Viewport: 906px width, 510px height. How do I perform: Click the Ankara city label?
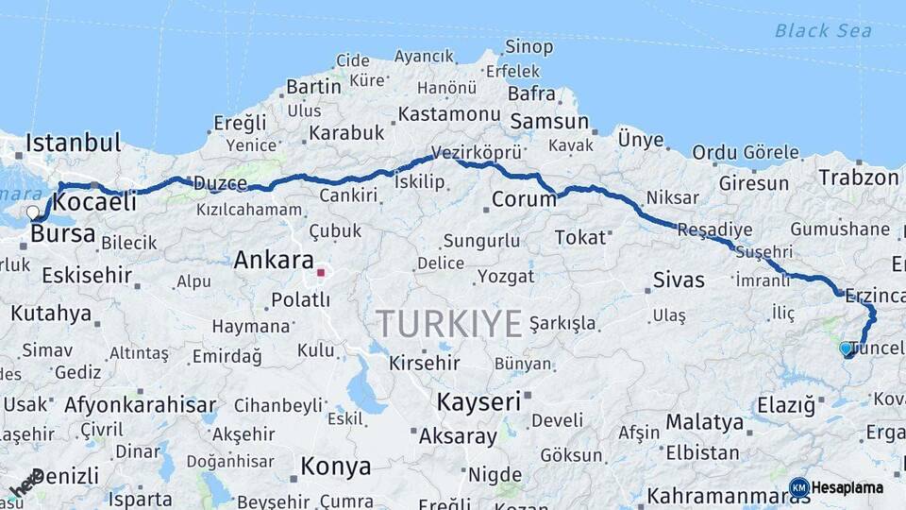(x=274, y=259)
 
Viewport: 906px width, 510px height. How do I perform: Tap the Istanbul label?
(x=74, y=144)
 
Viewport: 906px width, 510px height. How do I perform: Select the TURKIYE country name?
(x=449, y=324)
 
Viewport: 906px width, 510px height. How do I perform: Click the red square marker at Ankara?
(x=321, y=273)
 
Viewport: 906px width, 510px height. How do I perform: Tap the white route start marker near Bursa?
(x=33, y=212)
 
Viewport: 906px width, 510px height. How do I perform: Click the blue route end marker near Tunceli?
(x=846, y=348)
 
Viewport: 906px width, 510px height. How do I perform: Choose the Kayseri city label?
(x=478, y=401)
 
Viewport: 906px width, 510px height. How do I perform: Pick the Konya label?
(x=335, y=466)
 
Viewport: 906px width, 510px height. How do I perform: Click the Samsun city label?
(x=549, y=122)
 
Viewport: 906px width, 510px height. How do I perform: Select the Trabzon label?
(x=859, y=177)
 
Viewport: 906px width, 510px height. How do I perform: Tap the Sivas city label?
(x=679, y=280)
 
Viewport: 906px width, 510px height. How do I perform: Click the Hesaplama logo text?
(x=847, y=487)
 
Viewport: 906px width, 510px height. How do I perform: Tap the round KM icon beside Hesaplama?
(x=799, y=487)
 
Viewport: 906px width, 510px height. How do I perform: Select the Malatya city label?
(x=705, y=421)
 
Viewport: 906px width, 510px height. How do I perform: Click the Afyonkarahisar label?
(x=140, y=405)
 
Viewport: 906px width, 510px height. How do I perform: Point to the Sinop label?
(x=528, y=46)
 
